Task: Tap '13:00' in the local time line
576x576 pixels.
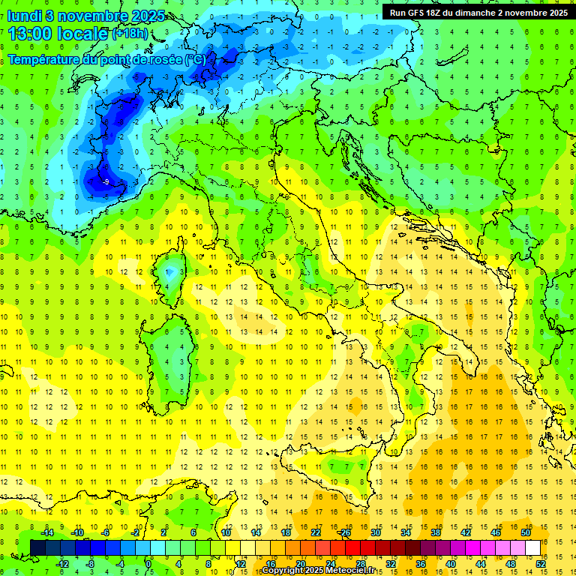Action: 31,33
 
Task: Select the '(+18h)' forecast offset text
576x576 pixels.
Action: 130,34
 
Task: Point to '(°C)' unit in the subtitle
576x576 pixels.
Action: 194,58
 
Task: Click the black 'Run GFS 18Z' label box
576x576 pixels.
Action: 478,12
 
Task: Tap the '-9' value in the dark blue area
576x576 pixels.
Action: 106,181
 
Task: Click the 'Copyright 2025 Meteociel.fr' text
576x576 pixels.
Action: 322,571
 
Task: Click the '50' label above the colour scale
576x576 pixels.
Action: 525,532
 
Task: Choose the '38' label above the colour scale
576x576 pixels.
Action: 435,532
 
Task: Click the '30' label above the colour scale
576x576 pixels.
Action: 375,532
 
